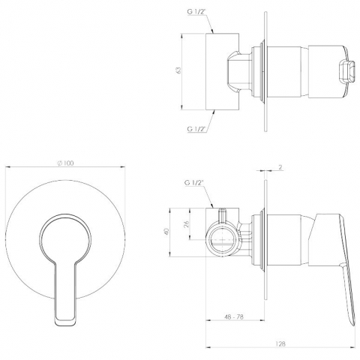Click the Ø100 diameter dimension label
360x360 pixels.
(x=66, y=163)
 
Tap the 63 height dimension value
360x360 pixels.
(x=178, y=70)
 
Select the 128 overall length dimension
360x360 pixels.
(x=281, y=344)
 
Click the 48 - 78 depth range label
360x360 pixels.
(x=234, y=316)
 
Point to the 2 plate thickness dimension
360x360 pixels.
(x=280, y=167)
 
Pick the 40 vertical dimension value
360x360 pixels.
(x=167, y=231)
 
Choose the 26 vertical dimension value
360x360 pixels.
(x=187, y=223)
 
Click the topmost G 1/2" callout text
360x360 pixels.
(x=196, y=12)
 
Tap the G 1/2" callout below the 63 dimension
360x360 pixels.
(x=196, y=129)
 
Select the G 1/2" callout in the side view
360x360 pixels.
(x=194, y=183)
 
